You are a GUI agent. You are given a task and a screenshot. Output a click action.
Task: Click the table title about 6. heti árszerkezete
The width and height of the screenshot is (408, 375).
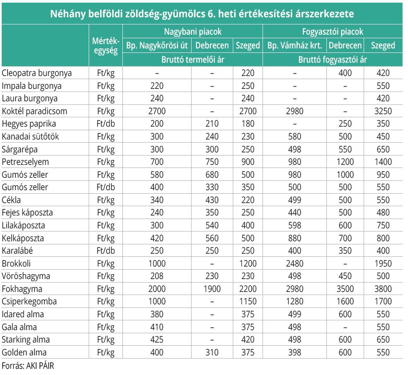tap(202, 14)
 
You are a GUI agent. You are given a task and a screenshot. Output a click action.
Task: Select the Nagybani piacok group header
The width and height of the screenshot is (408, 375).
tap(193, 32)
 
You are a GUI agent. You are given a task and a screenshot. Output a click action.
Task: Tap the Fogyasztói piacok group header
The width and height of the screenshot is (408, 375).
tap(333, 32)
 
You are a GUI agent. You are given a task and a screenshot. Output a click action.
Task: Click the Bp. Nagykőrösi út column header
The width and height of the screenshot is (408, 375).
tap(157, 45)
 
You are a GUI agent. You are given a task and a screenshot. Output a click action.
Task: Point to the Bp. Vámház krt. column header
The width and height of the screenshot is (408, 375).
tap(294, 45)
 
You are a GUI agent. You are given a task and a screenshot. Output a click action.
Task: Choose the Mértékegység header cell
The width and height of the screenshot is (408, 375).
tap(106, 46)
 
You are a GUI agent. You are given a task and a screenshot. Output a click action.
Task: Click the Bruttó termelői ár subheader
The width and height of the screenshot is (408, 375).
tap(193, 60)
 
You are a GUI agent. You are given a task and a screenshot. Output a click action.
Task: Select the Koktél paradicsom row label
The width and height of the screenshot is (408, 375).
tap(34, 111)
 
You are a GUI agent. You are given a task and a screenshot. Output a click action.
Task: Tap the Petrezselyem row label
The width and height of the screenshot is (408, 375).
tap(25, 162)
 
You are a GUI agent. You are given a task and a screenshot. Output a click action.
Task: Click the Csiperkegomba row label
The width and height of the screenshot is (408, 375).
tap(29, 301)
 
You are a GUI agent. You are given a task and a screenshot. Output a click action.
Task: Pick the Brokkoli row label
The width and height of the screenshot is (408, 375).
tap(16, 263)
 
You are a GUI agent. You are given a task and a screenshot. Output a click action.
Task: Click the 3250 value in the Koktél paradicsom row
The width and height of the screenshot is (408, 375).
tap(383, 111)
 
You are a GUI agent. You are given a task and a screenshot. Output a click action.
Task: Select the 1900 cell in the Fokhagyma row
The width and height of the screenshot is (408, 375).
tap(212, 289)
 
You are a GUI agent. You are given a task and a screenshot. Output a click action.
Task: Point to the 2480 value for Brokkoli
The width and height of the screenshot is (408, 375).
tap(294, 263)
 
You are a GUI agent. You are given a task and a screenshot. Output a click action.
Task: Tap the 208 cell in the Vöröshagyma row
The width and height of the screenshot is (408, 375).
tap(157, 276)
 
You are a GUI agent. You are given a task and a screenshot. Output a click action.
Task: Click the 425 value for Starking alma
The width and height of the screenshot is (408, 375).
tap(157, 339)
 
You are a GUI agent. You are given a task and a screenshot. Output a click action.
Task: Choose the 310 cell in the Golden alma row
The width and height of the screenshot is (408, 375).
tap(212, 352)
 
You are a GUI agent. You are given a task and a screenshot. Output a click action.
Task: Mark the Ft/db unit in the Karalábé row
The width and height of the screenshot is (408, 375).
tap(106, 251)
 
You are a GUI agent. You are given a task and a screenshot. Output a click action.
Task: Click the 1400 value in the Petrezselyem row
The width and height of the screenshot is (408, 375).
tap(383, 162)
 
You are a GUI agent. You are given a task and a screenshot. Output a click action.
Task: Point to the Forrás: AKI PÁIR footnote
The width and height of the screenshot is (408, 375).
tap(28, 366)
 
